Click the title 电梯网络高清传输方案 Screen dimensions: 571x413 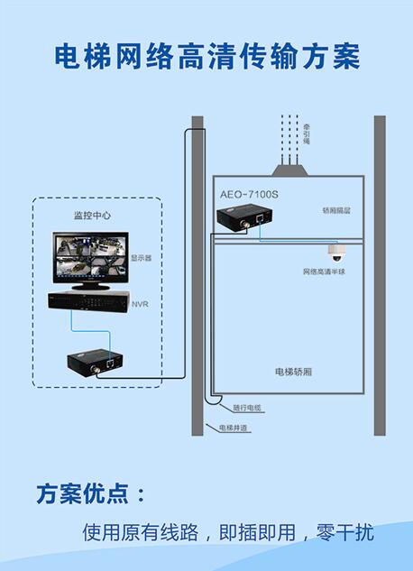coord(206,56)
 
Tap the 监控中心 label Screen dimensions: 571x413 coord(92,216)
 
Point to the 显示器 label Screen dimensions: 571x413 coord(141,257)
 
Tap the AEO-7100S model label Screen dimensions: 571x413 coord(250,194)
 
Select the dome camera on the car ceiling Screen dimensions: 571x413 coord(337,252)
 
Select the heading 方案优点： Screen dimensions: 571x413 coord(89,493)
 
